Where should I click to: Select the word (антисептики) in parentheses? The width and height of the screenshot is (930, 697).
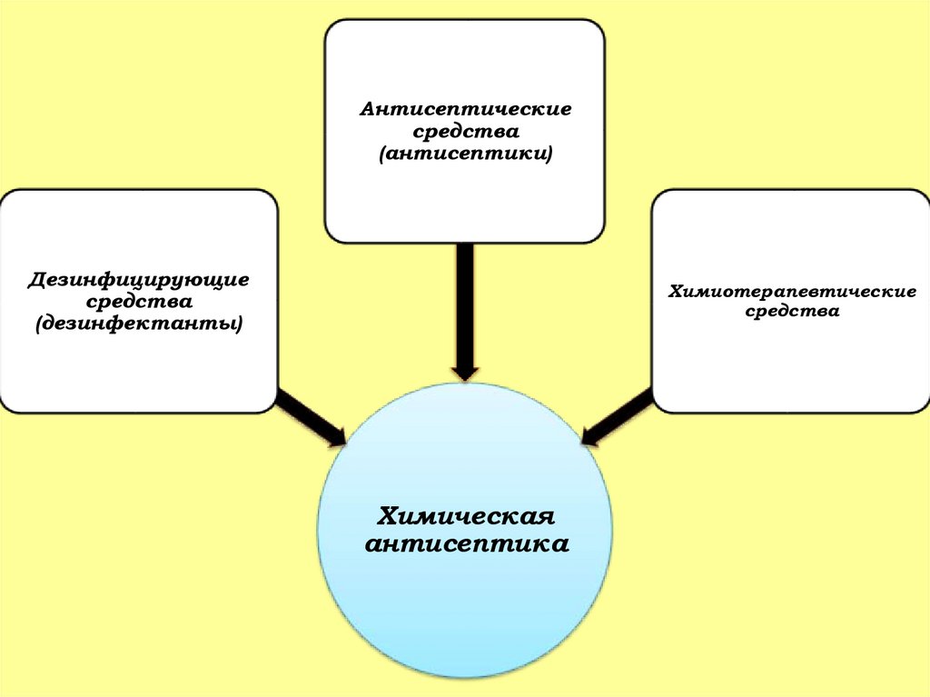point(465,155)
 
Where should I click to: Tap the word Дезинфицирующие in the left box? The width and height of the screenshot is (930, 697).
point(138,278)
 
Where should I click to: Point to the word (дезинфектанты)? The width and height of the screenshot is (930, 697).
point(138,323)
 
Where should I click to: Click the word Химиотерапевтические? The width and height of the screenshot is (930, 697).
point(792,291)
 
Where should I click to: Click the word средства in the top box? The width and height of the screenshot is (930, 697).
point(465,133)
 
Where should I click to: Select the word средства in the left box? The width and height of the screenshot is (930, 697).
point(138,300)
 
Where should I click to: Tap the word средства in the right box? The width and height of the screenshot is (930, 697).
point(792,312)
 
